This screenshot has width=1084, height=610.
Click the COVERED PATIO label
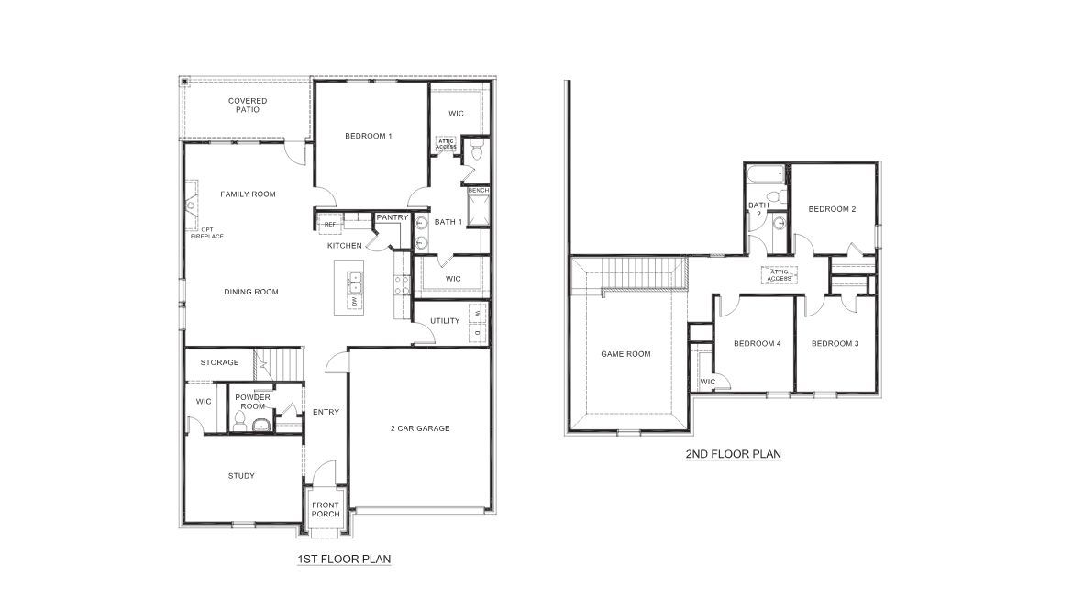[248, 105]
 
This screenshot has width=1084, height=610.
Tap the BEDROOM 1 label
[369, 136]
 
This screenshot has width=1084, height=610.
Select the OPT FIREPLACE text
[207, 232]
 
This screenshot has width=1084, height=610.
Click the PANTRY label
[392, 217]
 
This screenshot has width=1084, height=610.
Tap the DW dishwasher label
[353, 301]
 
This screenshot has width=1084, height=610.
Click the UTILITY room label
[445, 320]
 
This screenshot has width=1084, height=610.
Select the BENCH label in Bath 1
[478, 191]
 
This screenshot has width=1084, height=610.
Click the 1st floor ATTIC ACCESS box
[446, 144]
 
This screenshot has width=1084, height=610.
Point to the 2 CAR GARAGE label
[420, 427]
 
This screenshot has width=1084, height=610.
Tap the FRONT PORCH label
[326, 509]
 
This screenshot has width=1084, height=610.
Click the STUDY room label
[241, 475]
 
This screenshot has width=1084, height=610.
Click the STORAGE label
[220, 362]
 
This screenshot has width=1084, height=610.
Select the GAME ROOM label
[625, 353]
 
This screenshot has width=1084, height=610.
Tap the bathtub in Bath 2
[763, 172]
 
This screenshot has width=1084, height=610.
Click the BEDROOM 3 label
[835, 343]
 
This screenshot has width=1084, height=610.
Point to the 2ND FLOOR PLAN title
[733, 453]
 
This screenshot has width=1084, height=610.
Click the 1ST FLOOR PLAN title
[345, 558]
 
